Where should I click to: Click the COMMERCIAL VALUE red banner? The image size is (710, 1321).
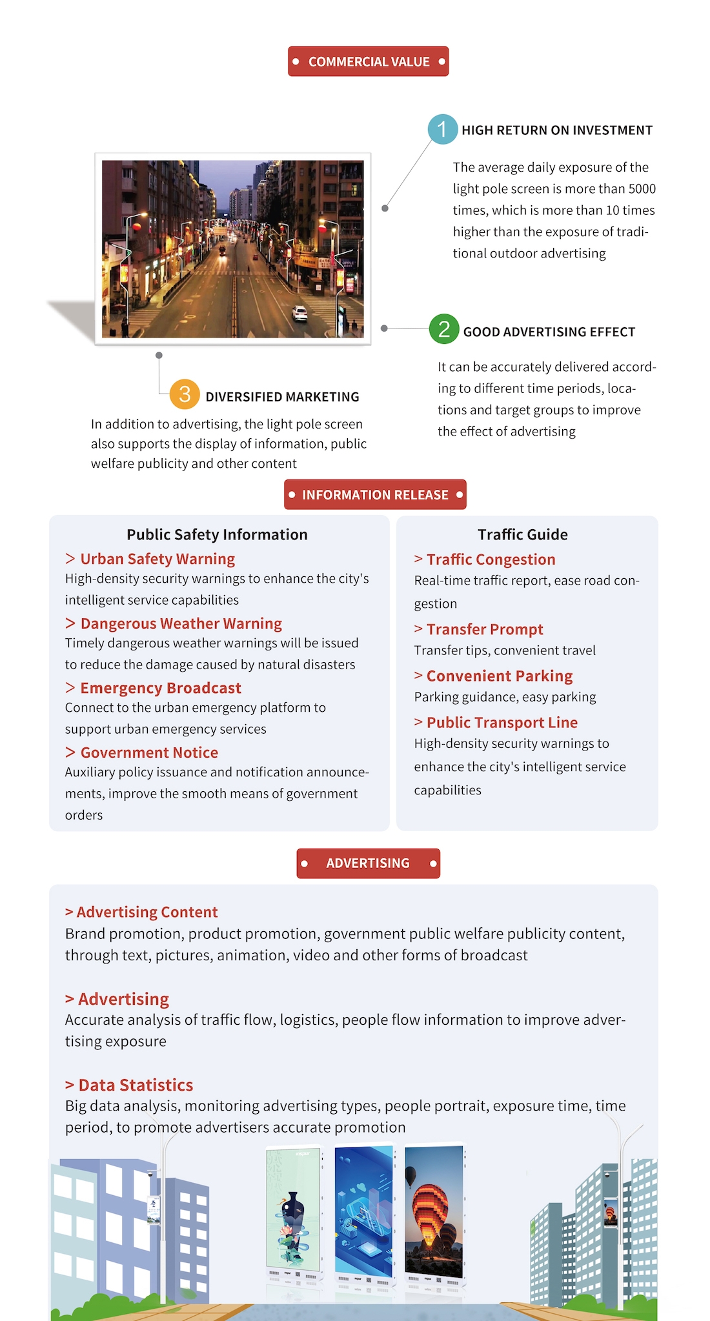click(368, 61)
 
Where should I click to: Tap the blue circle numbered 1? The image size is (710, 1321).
click(442, 129)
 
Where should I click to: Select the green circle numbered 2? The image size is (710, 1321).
click(444, 329)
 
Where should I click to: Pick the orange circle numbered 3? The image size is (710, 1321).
click(185, 394)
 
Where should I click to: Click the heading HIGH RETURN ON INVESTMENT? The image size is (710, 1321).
click(556, 130)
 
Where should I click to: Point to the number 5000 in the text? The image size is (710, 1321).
click(642, 189)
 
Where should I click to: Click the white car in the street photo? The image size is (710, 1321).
click(300, 313)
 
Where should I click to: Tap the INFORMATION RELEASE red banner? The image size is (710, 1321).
click(375, 495)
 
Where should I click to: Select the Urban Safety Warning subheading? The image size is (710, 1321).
click(157, 559)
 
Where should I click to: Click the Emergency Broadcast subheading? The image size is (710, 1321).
click(160, 688)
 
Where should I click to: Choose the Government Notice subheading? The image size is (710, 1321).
click(148, 752)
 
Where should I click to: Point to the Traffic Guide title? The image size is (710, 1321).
click(523, 534)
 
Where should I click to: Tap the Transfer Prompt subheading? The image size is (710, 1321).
click(484, 629)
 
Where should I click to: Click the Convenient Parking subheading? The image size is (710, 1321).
click(499, 676)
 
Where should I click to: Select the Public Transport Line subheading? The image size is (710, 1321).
click(502, 723)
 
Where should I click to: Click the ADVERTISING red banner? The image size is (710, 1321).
click(368, 863)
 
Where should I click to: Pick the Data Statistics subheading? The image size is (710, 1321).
click(135, 1085)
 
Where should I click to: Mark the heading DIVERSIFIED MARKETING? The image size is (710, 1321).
click(282, 397)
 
